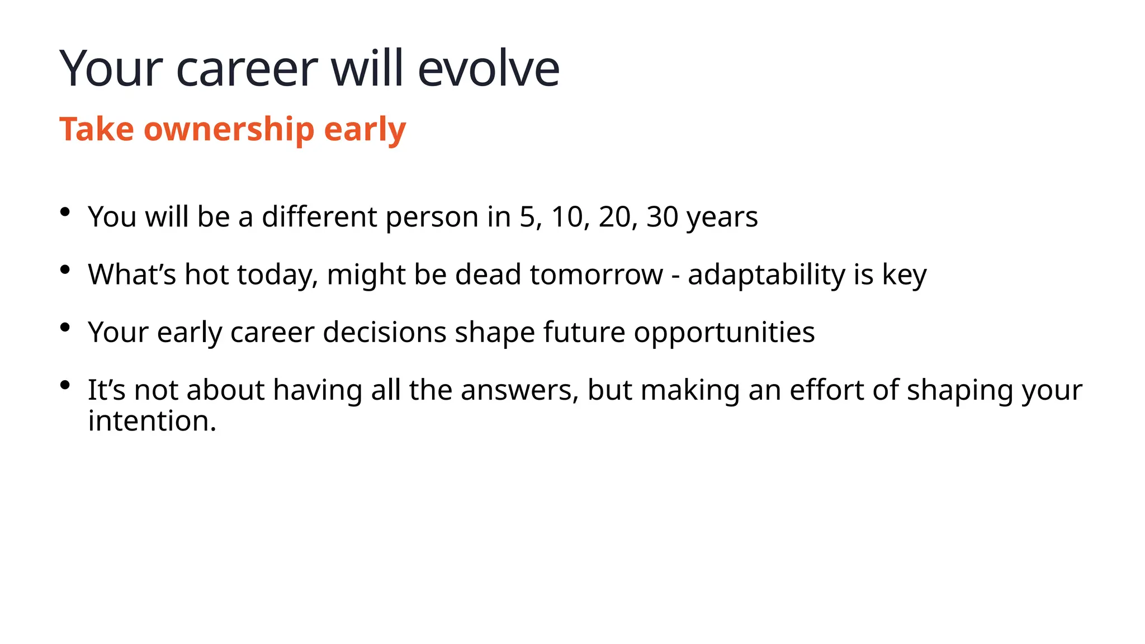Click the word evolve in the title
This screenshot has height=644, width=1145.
click(488, 69)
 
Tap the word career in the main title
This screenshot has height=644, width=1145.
click(247, 69)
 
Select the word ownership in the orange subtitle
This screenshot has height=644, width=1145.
click(229, 130)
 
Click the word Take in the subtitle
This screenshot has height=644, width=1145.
click(97, 130)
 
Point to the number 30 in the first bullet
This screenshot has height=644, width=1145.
click(662, 217)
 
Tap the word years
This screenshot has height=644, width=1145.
click(722, 218)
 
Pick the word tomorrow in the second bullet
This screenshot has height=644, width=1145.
click(596, 275)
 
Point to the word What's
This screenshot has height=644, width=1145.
click(132, 275)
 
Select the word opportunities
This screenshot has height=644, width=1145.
click(724, 333)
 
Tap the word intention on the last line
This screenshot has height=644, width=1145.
click(152, 421)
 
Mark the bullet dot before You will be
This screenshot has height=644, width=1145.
click(65, 212)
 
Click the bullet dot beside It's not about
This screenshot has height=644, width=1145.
click(65, 385)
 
